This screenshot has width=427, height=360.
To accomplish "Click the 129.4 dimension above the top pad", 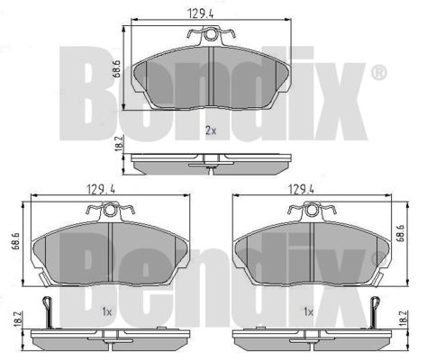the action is point(200,13).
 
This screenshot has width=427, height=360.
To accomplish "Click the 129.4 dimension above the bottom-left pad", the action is point(101,189).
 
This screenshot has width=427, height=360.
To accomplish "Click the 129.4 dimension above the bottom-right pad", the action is point(301,189).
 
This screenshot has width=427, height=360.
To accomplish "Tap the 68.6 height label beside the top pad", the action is point(116,68).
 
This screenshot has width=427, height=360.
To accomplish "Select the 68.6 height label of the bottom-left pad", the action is point(15,240).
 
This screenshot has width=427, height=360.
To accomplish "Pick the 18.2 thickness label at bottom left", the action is point(18,319).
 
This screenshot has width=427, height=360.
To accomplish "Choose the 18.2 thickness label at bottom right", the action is point(404,319).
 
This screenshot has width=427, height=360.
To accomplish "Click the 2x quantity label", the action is point(211,130).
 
